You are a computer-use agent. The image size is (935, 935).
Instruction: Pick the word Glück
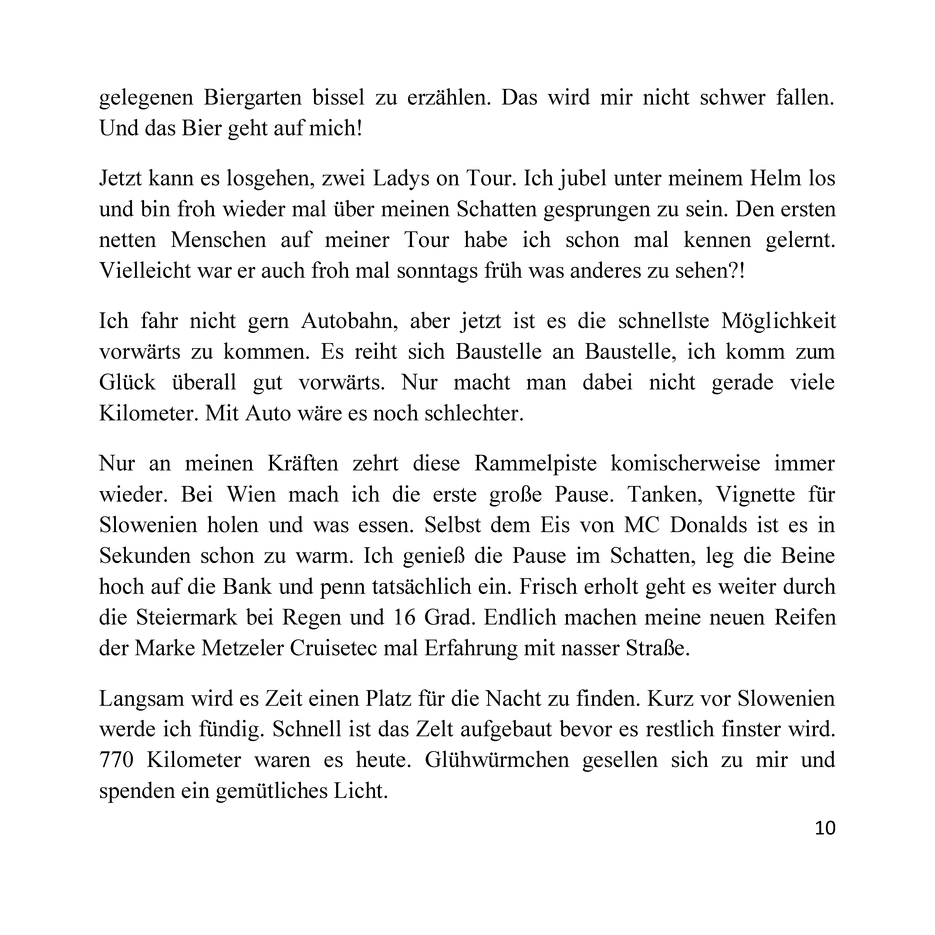click(127, 383)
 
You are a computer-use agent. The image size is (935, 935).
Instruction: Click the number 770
click(116, 760)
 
